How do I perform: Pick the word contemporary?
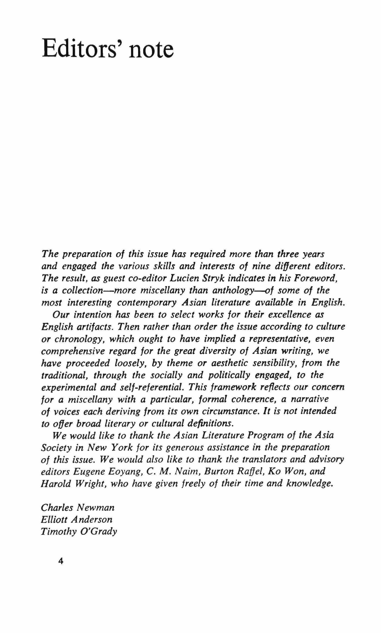[x=147, y=303]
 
